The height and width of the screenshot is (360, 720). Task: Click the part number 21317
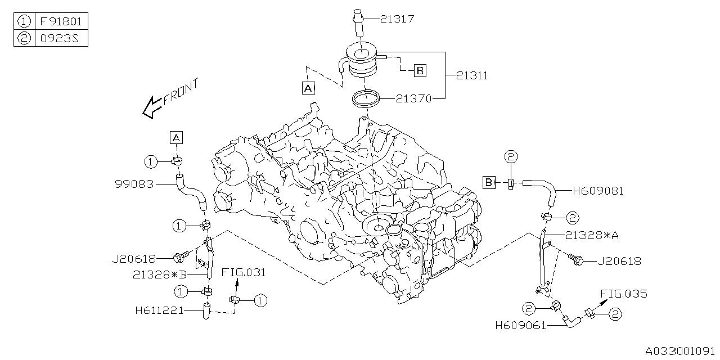click(x=397, y=20)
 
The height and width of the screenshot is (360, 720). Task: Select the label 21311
click(x=471, y=76)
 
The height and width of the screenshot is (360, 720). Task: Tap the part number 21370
click(x=413, y=99)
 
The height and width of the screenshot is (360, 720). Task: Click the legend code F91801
click(x=61, y=22)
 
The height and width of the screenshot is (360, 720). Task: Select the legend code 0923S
click(x=61, y=38)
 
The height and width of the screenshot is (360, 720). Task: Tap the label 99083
click(x=134, y=184)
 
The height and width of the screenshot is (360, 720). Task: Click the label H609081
click(x=597, y=191)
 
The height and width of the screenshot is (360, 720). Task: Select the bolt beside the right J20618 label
click(x=577, y=259)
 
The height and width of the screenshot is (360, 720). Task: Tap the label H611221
click(x=159, y=309)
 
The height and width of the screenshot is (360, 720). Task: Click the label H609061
click(x=521, y=325)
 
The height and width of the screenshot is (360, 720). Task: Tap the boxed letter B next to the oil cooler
click(x=420, y=71)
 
